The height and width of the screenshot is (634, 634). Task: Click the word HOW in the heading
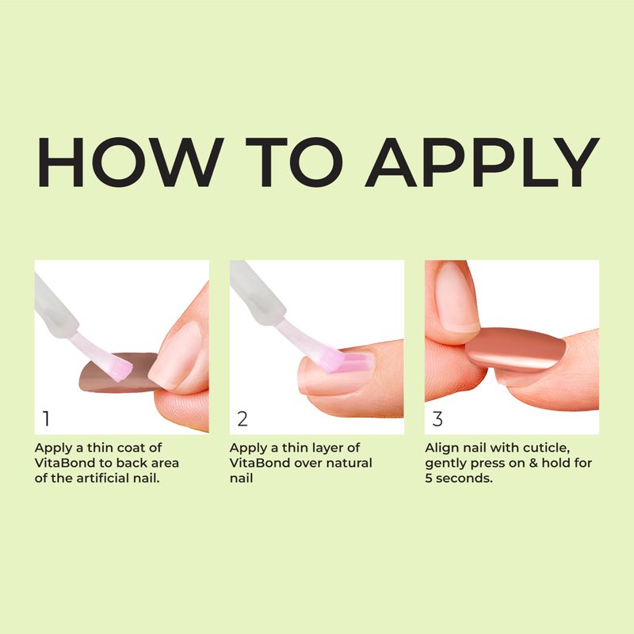[x=130, y=162]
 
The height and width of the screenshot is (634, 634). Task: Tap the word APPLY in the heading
[x=482, y=162]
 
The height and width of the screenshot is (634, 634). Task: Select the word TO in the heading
[x=294, y=162]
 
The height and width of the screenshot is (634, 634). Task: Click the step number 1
[x=46, y=418]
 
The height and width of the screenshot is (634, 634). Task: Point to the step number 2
[x=243, y=418]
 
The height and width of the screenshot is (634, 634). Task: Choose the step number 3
[x=437, y=418]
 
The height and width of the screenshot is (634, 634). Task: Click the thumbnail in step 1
[x=177, y=351]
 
